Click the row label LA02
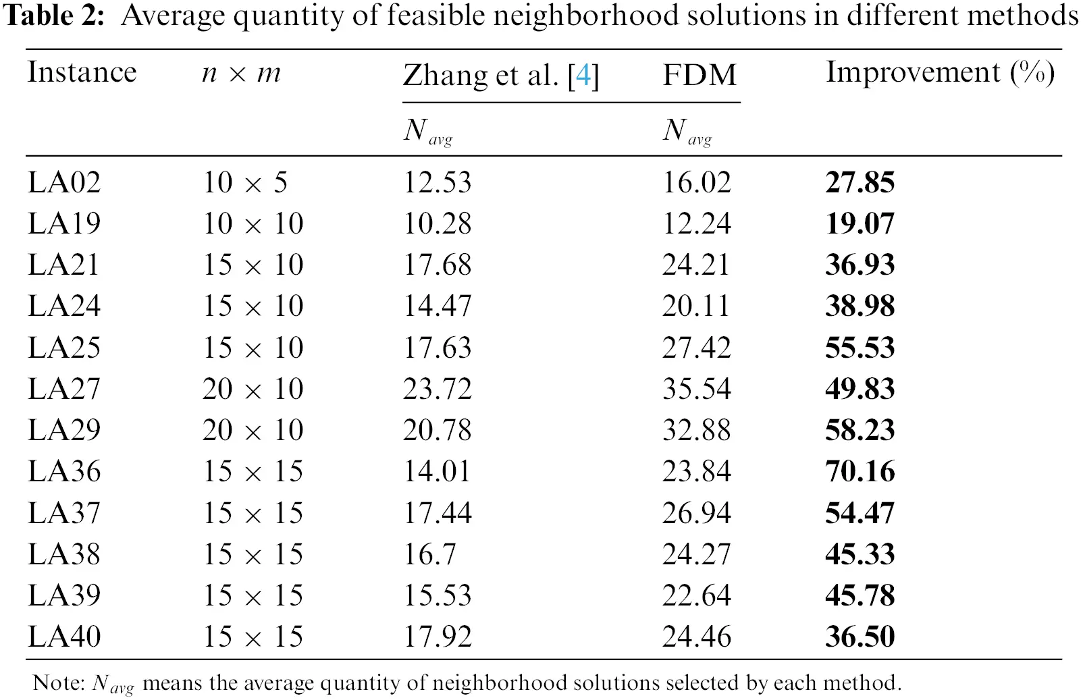(64, 183)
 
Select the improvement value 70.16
(860, 472)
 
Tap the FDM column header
(699, 75)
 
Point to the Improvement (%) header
(939, 73)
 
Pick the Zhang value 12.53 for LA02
(437, 183)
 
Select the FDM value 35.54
(696, 389)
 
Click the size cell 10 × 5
(245, 183)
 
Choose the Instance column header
(82, 72)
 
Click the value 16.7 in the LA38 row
(429, 555)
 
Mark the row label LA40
(64, 637)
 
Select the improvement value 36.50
(860, 637)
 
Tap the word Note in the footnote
(57, 683)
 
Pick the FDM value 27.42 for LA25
(696, 348)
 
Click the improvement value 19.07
(860, 224)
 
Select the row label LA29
(64, 431)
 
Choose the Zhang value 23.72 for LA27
(437, 389)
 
